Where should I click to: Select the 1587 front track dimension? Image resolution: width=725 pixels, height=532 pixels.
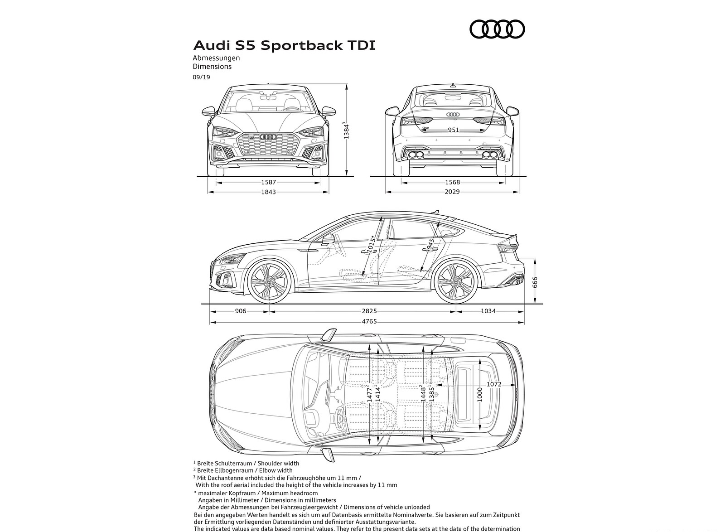pos(268,182)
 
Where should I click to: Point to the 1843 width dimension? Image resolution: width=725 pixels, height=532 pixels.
pos(268,192)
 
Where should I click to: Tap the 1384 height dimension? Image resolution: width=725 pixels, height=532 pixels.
pos(346,131)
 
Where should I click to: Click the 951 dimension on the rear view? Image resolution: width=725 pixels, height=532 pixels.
pos(453,130)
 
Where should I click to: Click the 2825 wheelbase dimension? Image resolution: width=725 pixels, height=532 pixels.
pos(369,311)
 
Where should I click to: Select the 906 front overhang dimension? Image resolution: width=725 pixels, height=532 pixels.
pos(241,311)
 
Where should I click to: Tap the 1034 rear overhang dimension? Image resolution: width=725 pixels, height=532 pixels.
pos(488,311)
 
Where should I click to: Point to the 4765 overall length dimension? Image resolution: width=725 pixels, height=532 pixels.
pos(369,321)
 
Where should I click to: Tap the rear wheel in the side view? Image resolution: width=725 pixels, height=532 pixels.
pos(455,282)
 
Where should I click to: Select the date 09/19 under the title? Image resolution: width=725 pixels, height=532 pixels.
pos(201,77)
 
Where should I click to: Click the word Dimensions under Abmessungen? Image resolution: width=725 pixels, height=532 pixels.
pos(212,67)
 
